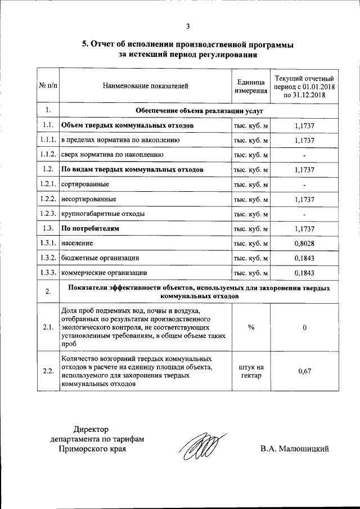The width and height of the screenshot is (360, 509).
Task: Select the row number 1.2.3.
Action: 48,214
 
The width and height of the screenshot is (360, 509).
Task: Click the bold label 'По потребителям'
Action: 90,228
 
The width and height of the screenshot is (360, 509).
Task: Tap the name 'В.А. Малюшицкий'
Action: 294,449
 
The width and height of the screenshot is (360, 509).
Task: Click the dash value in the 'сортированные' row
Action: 304,184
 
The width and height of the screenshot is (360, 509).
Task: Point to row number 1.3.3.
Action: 48,272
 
